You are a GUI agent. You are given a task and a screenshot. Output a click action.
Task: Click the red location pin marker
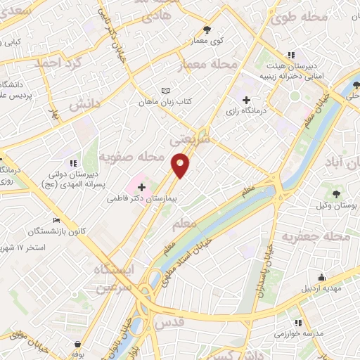[181, 165]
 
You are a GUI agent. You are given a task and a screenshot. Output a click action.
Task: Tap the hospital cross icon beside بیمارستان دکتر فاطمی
[143, 187]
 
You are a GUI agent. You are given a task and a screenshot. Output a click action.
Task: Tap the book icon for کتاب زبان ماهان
[165, 91]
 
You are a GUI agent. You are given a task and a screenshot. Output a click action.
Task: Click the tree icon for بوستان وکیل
[336, 193]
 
